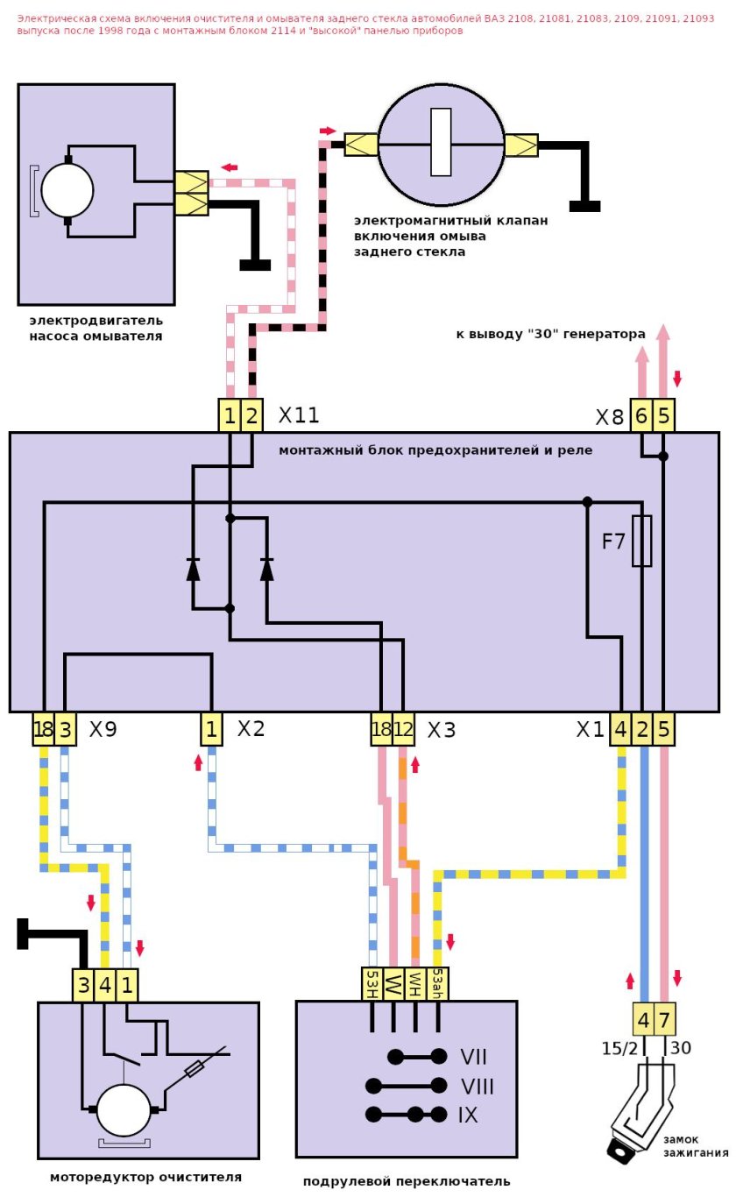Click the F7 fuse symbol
tap(641, 541)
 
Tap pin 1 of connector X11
tap(230, 415)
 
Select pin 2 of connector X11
tap(251, 415)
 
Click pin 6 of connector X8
tap(641, 417)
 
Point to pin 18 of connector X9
tap(43, 729)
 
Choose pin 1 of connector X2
tap(211, 729)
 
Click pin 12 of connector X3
tap(403, 729)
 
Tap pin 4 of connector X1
tap(620, 729)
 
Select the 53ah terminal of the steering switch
tap(439, 984)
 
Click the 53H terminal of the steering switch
tap(372, 984)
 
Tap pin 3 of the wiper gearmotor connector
tap(82, 985)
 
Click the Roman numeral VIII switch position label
tap(478, 1087)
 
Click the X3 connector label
tap(442, 730)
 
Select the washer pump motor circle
tap(67, 190)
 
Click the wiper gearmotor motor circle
tap(124, 1110)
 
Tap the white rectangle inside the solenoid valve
tap(441, 142)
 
